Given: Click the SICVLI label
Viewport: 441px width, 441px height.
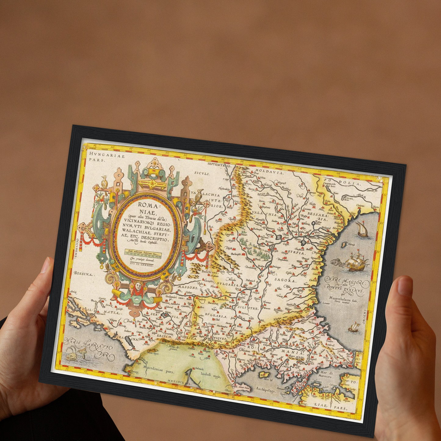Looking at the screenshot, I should coord(202,173).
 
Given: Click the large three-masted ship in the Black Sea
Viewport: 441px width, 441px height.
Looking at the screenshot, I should coord(355,261).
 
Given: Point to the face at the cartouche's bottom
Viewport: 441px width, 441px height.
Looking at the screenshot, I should coord(138,287).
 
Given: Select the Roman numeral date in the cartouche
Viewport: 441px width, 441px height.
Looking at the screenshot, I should coord(142,266).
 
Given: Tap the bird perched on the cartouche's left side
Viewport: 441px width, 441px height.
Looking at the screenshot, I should coord(105,183).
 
